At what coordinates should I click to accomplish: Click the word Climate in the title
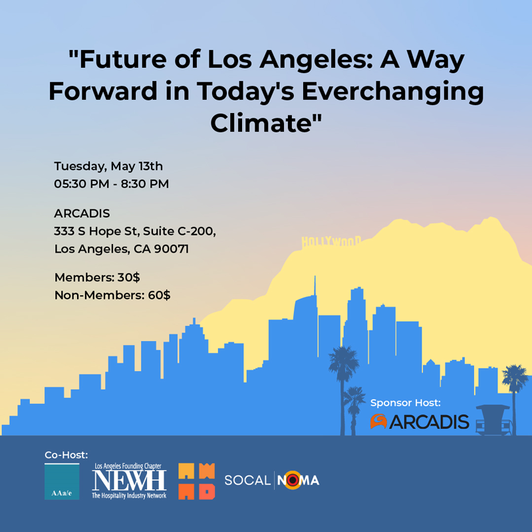(261, 122)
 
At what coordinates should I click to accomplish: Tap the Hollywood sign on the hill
(331, 241)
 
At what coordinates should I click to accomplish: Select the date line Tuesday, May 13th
(108, 166)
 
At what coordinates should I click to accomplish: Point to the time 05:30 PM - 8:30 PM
(111, 184)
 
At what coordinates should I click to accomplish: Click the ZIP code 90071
(172, 249)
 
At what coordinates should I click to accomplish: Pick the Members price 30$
(128, 277)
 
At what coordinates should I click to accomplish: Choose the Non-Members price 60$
(159, 295)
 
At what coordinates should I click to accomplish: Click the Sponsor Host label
(406, 403)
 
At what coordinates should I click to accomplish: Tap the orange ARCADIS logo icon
(378, 422)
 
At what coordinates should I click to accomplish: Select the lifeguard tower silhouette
(493, 420)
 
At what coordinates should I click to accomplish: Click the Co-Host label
(66, 455)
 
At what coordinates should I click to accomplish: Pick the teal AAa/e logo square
(62, 481)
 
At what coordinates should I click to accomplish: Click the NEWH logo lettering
(129, 480)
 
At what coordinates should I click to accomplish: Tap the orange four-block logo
(197, 481)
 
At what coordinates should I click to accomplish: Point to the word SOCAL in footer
(247, 480)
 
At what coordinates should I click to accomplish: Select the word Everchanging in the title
(392, 92)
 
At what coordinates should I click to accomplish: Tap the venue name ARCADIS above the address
(82, 213)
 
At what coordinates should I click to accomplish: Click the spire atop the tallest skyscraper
(315, 286)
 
